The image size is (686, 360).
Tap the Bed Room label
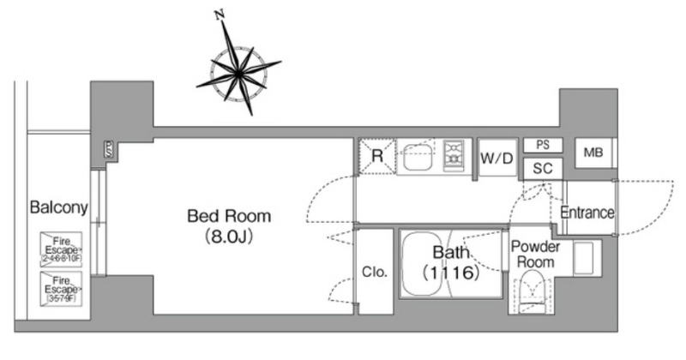[x=229, y=215]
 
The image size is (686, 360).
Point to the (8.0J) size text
[x=229, y=236]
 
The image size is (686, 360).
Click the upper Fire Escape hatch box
[x=60, y=249]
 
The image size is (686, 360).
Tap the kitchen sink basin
[x=420, y=157]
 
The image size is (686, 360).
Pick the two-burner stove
[x=453, y=157]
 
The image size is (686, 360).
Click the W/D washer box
[x=497, y=158]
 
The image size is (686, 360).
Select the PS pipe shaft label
[x=542, y=145]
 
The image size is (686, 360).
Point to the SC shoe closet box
[x=542, y=168]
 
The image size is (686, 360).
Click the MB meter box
[x=593, y=153]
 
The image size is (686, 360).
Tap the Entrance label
[x=587, y=213]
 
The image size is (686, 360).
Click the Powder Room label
[x=536, y=254]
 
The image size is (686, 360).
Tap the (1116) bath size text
[x=448, y=275]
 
